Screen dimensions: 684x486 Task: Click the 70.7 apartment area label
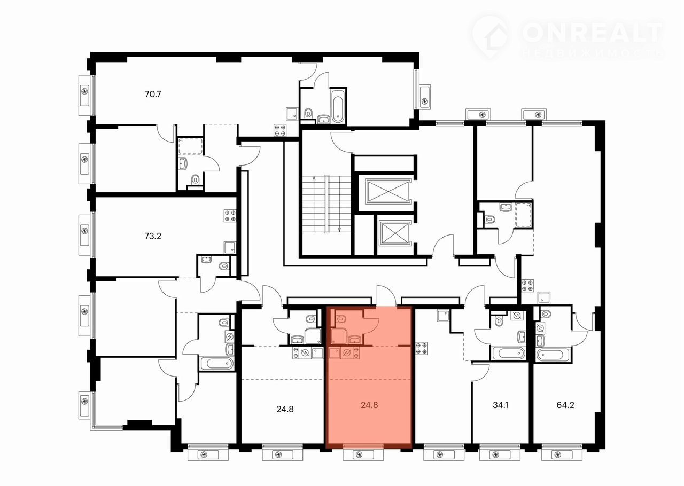point(153,94)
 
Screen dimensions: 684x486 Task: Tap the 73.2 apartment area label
point(153,236)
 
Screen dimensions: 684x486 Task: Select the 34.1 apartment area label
point(500,405)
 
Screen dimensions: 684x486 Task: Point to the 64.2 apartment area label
point(565,405)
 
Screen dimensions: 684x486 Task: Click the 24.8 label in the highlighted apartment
point(369,405)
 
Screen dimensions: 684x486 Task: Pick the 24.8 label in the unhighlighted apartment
point(285,409)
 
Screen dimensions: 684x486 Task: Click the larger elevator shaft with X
point(388,191)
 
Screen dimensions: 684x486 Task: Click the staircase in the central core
point(327,204)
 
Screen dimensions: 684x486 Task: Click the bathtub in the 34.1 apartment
point(508,354)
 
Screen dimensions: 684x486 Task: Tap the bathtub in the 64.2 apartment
point(554,355)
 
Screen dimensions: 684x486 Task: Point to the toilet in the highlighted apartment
point(341,319)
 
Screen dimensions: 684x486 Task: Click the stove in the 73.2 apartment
point(230,216)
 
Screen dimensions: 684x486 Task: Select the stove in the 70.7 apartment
point(280,130)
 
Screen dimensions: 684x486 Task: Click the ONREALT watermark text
point(592,33)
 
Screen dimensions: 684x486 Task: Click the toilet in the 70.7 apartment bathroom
point(308,114)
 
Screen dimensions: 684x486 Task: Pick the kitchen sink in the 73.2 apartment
point(230,247)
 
